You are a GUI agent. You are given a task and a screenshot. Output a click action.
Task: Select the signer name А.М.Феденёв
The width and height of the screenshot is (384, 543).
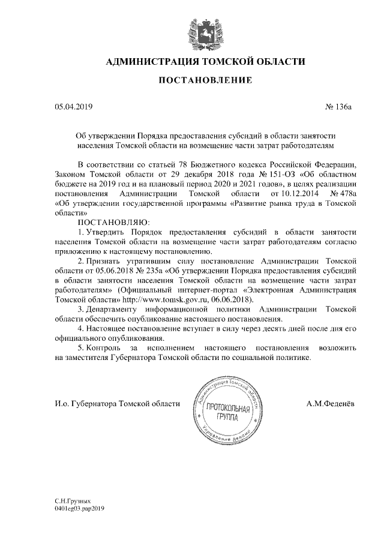coord(330,403)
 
